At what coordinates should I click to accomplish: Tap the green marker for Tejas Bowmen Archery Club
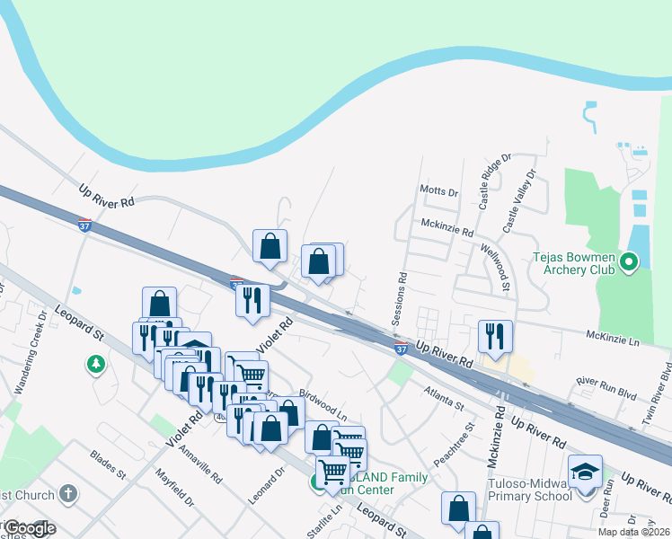(x=629, y=262)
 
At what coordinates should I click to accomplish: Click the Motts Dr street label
(x=438, y=191)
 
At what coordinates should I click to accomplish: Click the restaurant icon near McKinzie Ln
(x=495, y=336)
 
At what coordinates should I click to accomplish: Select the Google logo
(x=30, y=528)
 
